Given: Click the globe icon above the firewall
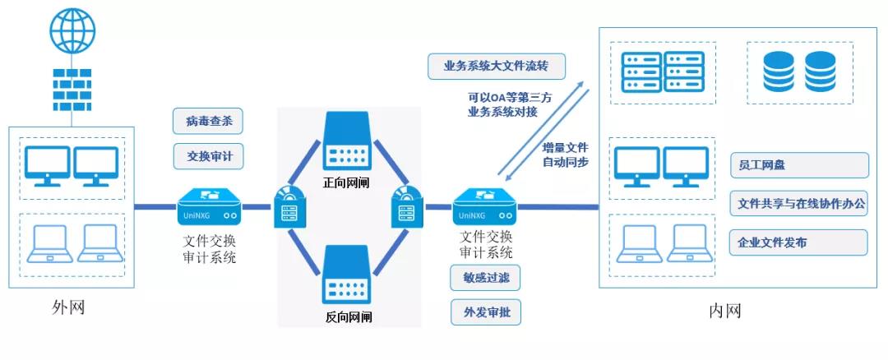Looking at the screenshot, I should [72, 32].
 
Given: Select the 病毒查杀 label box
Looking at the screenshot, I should [209, 122].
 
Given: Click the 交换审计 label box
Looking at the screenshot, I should [209, 155].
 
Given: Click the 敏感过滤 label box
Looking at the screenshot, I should [485, 278].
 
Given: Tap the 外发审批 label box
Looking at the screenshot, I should [485, 312].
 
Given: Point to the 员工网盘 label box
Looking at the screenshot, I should [798, 165].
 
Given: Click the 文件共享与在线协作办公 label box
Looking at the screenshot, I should [798, 203].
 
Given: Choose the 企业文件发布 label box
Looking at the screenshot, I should [798, 242].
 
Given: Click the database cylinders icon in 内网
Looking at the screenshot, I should [798, 72].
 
